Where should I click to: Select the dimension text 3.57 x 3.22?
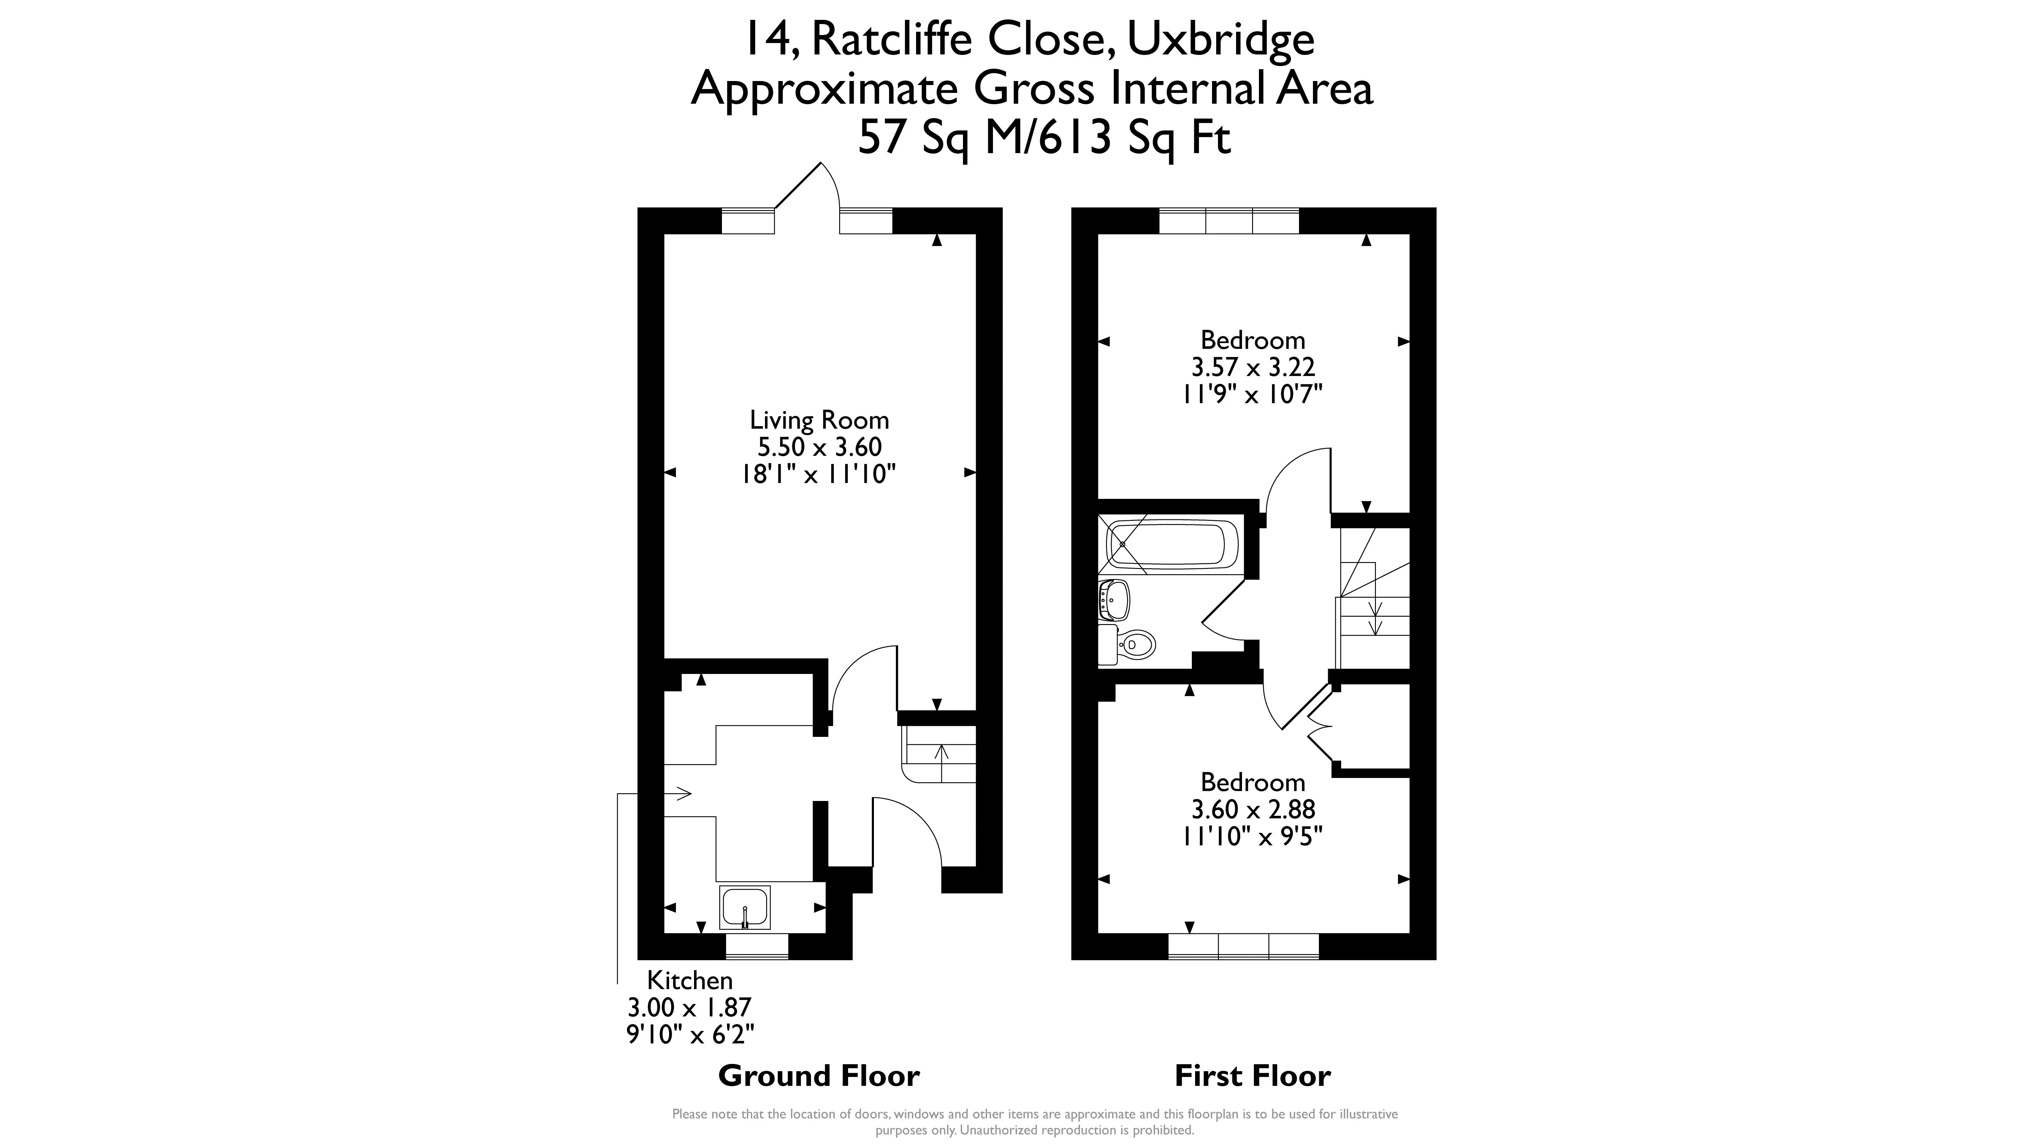tap(1253, 367)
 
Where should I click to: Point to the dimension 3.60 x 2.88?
tap(1253, 809)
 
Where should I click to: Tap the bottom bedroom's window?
tap(1243, 946)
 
